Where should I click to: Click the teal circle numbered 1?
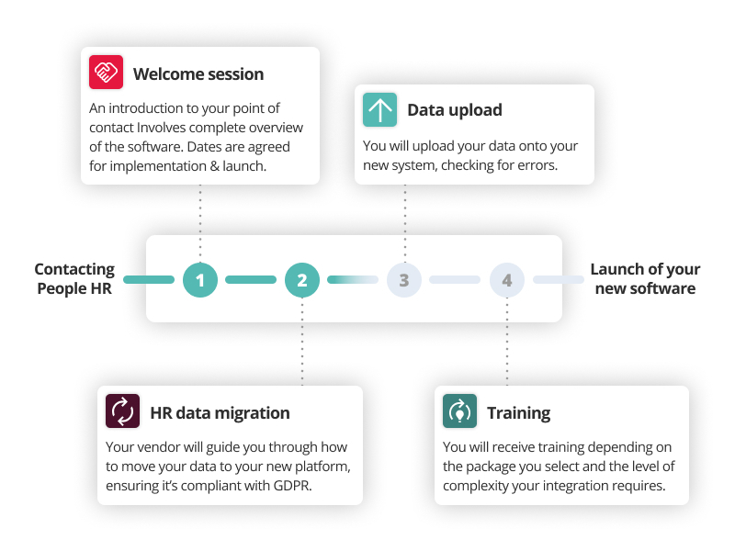click(x=199, y=279)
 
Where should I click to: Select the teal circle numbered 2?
click(x=302, y=279)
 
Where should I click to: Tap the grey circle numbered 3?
click(x=404, y=279)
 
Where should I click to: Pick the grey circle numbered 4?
click(x=507, y=279)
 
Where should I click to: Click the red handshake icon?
click(x=106, y=73)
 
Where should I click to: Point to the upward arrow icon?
click(x=379, y=109)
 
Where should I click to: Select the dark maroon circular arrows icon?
click(x=122, y=411)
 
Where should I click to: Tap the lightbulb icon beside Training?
click(x=459, y=411)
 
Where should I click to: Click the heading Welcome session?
click(x=198, y=74)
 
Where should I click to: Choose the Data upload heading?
click(x=454, y=110)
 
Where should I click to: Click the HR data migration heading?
click(x=220, y=412)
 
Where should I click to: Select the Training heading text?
click(x=518, y=412)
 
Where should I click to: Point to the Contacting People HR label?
click(x=74, y=278)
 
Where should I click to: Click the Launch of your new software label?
click(x=645, y=278)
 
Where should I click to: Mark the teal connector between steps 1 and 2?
click(x=251, y=279)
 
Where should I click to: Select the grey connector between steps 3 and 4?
click(x=455, y=279)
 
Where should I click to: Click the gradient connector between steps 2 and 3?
click(x=353, y=279)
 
